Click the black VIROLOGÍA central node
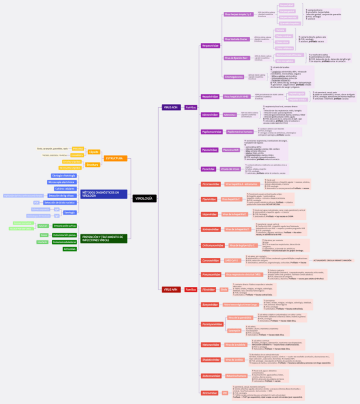tap(144, 198)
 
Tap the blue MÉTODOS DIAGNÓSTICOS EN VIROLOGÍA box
tap(103, 194)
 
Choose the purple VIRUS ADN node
tap(170, 108)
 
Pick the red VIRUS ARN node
tap(170, 289)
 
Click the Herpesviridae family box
tap(210, 46)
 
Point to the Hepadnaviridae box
tap(210, 96)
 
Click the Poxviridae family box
tap(208, 169)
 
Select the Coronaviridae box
tap(210, 260)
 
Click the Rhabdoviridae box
tap(210, 360)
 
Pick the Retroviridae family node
tap(210, 393)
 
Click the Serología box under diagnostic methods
tap(70, 212)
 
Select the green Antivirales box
tap(70, 249)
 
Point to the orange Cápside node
tap(93, 152)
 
